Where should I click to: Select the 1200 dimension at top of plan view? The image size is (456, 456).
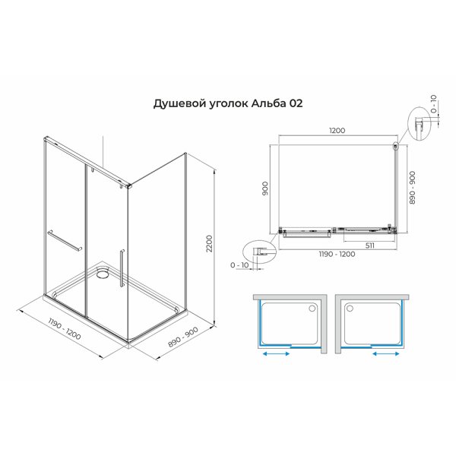pos(337,130)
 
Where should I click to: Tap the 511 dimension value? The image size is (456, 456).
pos(367,245)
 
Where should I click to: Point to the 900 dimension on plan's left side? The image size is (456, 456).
pos(266,187)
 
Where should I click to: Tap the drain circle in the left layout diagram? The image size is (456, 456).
pos(314,309)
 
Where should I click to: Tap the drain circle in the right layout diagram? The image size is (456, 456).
pos(350,309)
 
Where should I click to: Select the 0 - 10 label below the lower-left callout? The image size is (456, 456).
pos(240,265)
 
